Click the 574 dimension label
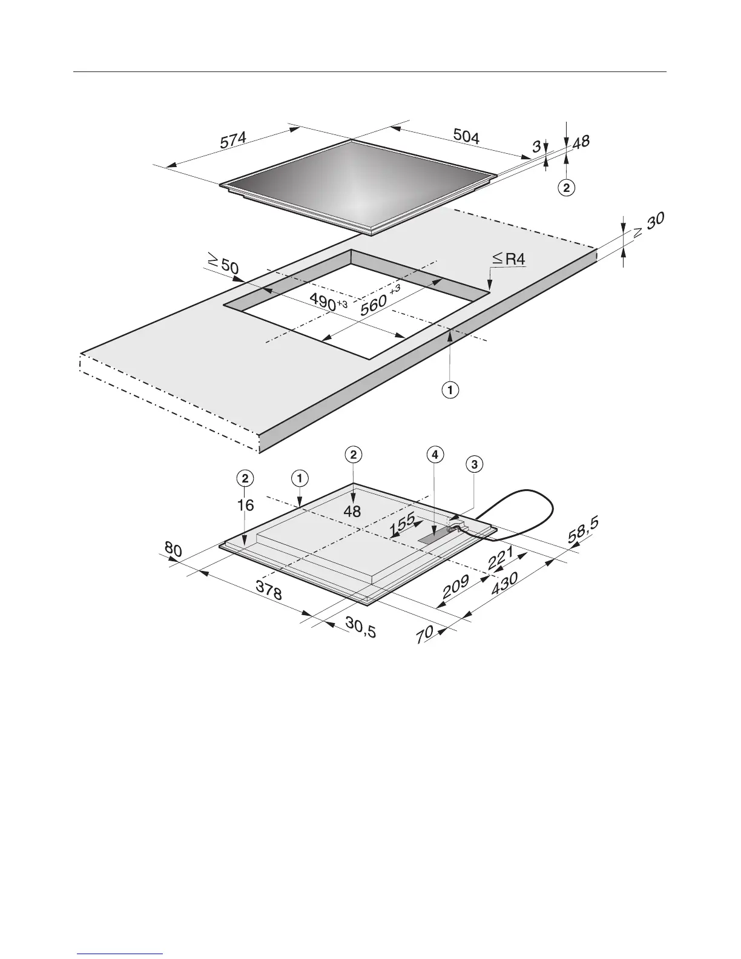233,141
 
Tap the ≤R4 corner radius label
509,259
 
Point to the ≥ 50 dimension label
222,264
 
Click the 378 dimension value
268,590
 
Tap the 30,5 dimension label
360,627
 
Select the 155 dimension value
403,523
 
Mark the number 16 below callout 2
245,504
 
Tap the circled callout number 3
475,464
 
